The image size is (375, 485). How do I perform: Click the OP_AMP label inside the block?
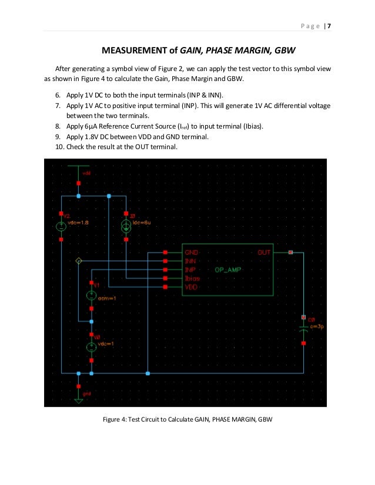tap(226, 270)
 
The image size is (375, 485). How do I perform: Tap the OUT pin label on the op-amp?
tap(264, 252)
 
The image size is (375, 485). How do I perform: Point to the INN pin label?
tap(190, 261)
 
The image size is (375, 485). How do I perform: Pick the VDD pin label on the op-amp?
tap(191, 287)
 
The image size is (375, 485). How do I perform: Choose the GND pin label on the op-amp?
tap(192, 252)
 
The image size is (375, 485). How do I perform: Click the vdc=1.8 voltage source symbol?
tap(61, 226)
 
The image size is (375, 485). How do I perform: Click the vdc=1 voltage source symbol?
tap(91, 346)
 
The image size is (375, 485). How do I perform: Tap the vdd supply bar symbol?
tap(79, 166)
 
